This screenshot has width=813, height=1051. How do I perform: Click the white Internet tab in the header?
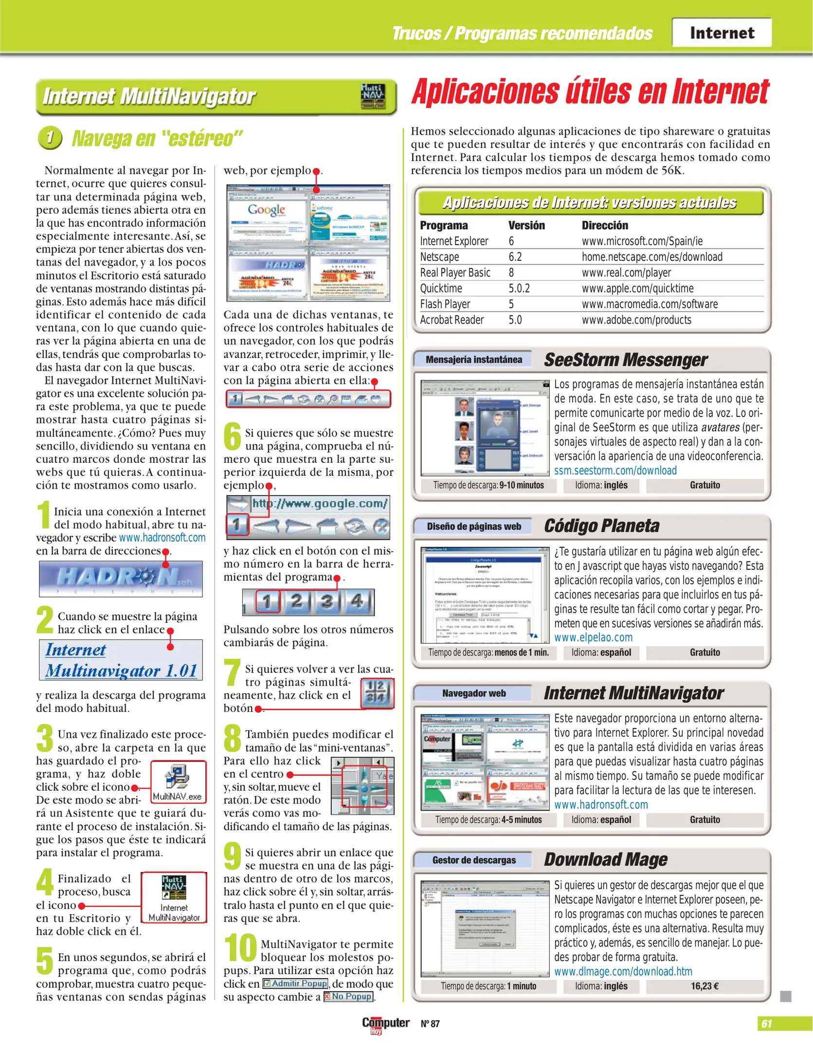pyautogui.click(x=722, y=33)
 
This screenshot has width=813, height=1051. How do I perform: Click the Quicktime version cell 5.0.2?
pyautogui.click(x=519, y=289)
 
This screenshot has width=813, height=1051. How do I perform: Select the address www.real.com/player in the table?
pyautogui.click(x=626, y=273)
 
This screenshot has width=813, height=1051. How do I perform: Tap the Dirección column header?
pyautogui.click(x=605, y=225)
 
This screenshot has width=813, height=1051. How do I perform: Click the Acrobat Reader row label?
pyautogui.click(x=452, y=320)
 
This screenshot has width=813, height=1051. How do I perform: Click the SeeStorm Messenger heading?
pyautogui.click(x=625, y=360)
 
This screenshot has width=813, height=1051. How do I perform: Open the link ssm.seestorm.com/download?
pyautogui.click(x=615, y=471)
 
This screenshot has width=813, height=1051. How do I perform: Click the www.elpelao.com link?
pyautogui.click(x=593, y=637)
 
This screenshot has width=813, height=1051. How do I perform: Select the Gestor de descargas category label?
pyautogui.click(x=473, y=860)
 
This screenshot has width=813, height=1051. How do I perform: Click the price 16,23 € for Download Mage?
pyautogui.click(x=705, y=986)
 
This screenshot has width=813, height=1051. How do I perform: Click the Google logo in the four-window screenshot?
pyautogui.click(x=267, y=210)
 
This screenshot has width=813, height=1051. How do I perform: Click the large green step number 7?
pyautogui.click(x=232, y=672)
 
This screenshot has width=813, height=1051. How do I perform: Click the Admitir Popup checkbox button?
pyautogui.click(x=295, y=983)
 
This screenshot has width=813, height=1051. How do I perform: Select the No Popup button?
pyautogui.click(x=348, y=997)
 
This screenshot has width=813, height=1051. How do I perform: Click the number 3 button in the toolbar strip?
pyautogui.click(x=327, y=602)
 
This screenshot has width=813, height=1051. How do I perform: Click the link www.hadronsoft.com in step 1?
pyautogui.click(x=162, y=538)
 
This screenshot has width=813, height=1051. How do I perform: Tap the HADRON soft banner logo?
pyautogui.click(x=121, y=579)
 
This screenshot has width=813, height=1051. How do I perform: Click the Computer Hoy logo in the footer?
pyautogui.click(x=385, y=1024)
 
